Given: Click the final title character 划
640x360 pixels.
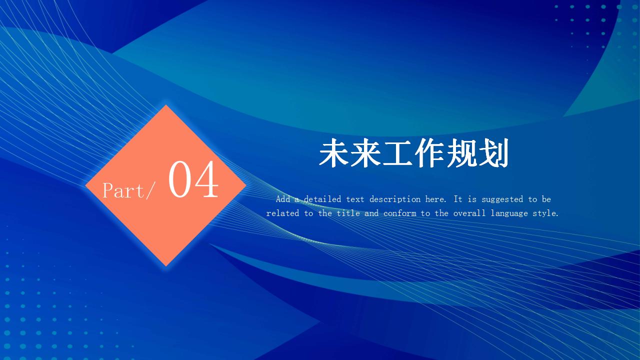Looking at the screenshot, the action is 493,153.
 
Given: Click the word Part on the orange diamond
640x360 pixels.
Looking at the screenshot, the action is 124,190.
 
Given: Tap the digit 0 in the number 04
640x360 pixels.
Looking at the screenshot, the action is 179,179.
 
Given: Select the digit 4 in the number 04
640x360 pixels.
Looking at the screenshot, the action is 205,179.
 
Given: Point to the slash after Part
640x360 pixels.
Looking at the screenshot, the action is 151,190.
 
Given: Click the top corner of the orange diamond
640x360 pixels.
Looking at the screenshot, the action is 166,105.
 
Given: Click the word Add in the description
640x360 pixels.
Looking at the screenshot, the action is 283,199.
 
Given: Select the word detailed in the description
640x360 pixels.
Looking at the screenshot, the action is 322,199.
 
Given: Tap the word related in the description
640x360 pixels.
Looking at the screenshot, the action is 283,213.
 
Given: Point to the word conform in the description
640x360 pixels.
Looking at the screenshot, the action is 399,213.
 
